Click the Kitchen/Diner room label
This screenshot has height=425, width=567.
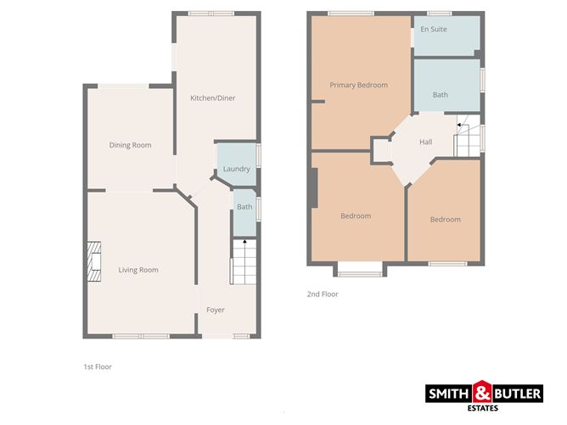[212, 98]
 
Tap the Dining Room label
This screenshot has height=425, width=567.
[130, 145]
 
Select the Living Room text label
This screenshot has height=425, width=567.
[138, 270]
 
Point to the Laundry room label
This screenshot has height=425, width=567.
[236, 169]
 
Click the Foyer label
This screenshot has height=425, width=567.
[216, 310]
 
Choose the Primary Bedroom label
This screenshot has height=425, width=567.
[359, 85]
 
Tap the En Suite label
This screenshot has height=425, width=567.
[433, 29]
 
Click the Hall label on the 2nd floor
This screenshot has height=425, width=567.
[425, 142]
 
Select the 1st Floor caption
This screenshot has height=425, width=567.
[98, 367]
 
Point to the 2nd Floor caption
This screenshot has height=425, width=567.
[323, 294]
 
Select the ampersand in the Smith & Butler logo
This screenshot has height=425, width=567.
[482, 392]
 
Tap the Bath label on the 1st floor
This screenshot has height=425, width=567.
[244, 207]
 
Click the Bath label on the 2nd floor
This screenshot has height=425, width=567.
[440, 95]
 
